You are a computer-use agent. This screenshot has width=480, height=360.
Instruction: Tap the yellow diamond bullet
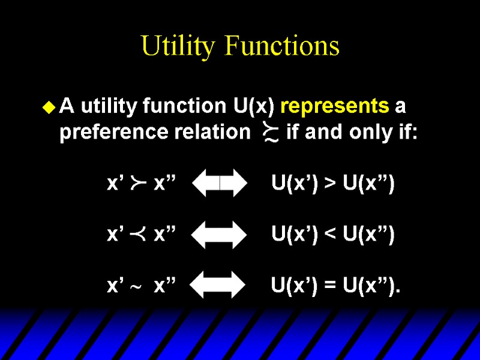pyautogui.click(x=49, y=108)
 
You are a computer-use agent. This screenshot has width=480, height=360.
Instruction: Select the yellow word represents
pyautogui.click(x=334, y=106)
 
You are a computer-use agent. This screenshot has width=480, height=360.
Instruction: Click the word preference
pyautogui.click(x=109, y=132)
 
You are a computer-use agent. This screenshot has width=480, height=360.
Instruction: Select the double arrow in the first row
pyautogui.click(x=220, y=183)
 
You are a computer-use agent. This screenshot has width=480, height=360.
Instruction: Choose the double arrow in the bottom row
pyautogui.click(x=220, y=285)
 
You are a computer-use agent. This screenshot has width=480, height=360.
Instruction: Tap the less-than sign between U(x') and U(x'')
pyautogui.click(x=330, y=235)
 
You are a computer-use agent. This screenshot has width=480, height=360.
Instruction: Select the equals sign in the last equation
pyautogui.click(x=330, y=286)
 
